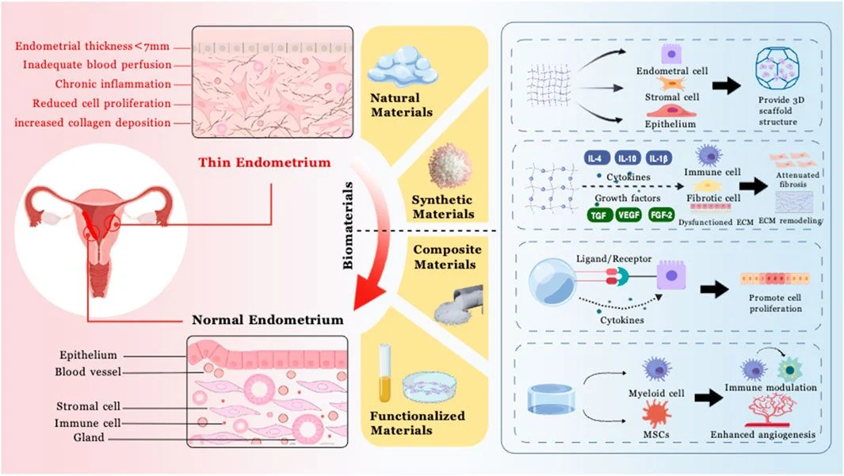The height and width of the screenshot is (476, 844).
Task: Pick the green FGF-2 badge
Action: coord(662,215)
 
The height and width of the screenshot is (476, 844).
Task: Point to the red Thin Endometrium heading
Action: coord(265,163)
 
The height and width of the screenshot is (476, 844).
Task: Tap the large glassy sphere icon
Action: coord(555,281)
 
